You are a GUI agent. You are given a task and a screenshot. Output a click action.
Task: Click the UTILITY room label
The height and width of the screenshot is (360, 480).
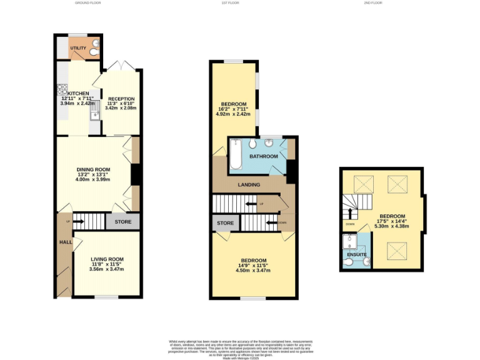(x=78, y=48)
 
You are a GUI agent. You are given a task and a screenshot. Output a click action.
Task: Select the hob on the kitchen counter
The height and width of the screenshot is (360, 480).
(x=62, y=89)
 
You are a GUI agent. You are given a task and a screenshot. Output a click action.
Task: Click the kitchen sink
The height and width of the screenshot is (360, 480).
(x=94, y=114)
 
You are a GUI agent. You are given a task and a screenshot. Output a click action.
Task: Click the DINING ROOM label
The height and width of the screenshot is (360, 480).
(x=94, y=169)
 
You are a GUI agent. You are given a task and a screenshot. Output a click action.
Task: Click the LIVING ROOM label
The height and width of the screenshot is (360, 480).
(x=107, y=259)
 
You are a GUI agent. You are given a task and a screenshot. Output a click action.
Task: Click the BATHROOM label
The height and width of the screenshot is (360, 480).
(x=263, y=156)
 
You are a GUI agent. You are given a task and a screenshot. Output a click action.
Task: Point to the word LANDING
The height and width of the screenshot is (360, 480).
(x=249, y=184)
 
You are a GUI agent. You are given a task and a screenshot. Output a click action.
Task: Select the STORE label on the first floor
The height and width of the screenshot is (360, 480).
(x=225, y=223)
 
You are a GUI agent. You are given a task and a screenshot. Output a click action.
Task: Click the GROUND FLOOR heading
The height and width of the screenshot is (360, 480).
(x=88, y=3)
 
